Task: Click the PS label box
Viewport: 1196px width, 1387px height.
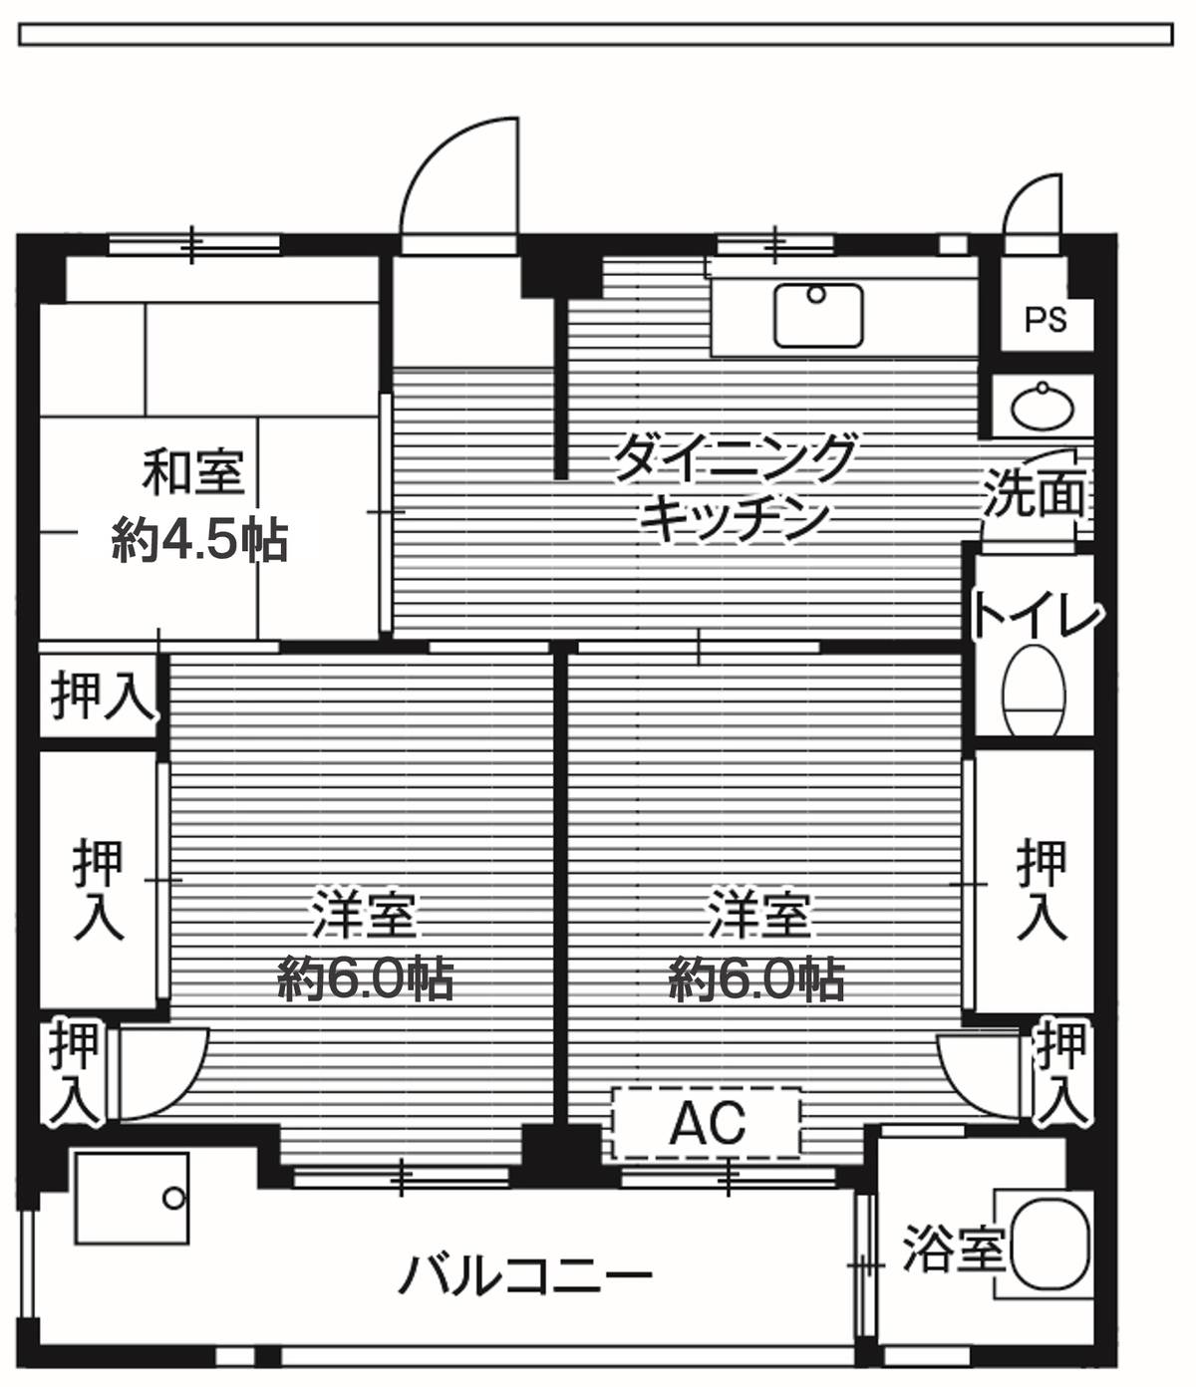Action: tap(1046, 320)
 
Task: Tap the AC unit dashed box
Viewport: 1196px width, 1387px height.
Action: tap(707, 1123)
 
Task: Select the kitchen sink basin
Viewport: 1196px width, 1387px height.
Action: tap(817, 315)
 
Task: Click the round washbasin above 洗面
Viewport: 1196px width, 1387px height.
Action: tap(1043, 407)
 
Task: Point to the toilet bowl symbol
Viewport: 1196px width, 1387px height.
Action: tap(1035, 690)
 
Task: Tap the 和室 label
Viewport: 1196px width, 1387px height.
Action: tap(193, 472)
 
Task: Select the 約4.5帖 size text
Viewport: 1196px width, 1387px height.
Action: tap(200, 540)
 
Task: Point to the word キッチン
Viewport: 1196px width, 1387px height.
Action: tap(735, 517)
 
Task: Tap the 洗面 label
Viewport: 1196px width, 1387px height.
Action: tap(1034, 493)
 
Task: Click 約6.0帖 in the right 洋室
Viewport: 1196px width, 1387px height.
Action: tap(757, 980)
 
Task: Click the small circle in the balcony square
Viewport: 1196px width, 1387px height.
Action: tap(174, 1198)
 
